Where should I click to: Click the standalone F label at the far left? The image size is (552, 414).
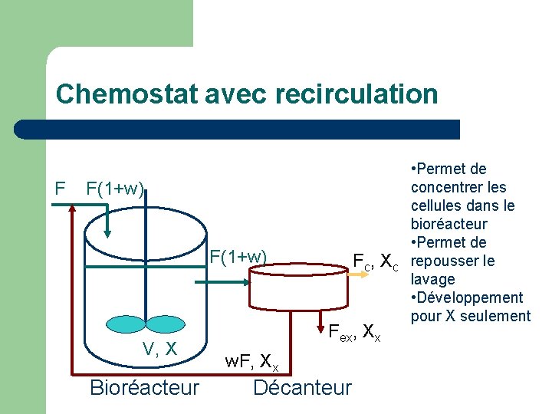[60, 187]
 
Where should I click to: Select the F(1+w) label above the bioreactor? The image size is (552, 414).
[114, 188]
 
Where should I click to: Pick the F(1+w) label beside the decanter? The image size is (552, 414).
[238, 256]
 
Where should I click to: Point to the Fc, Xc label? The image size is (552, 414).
[375, 261]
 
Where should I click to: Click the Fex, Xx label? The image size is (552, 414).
[353, 333]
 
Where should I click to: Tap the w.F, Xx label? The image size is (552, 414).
[251, 361]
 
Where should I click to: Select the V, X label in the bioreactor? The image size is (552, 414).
[160, 349]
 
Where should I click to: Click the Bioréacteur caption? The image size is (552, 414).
[144, 387]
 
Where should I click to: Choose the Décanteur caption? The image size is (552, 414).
[302, 387]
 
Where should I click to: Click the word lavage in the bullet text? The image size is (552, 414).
[433, 280]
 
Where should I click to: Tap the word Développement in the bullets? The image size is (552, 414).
[470, 298]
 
